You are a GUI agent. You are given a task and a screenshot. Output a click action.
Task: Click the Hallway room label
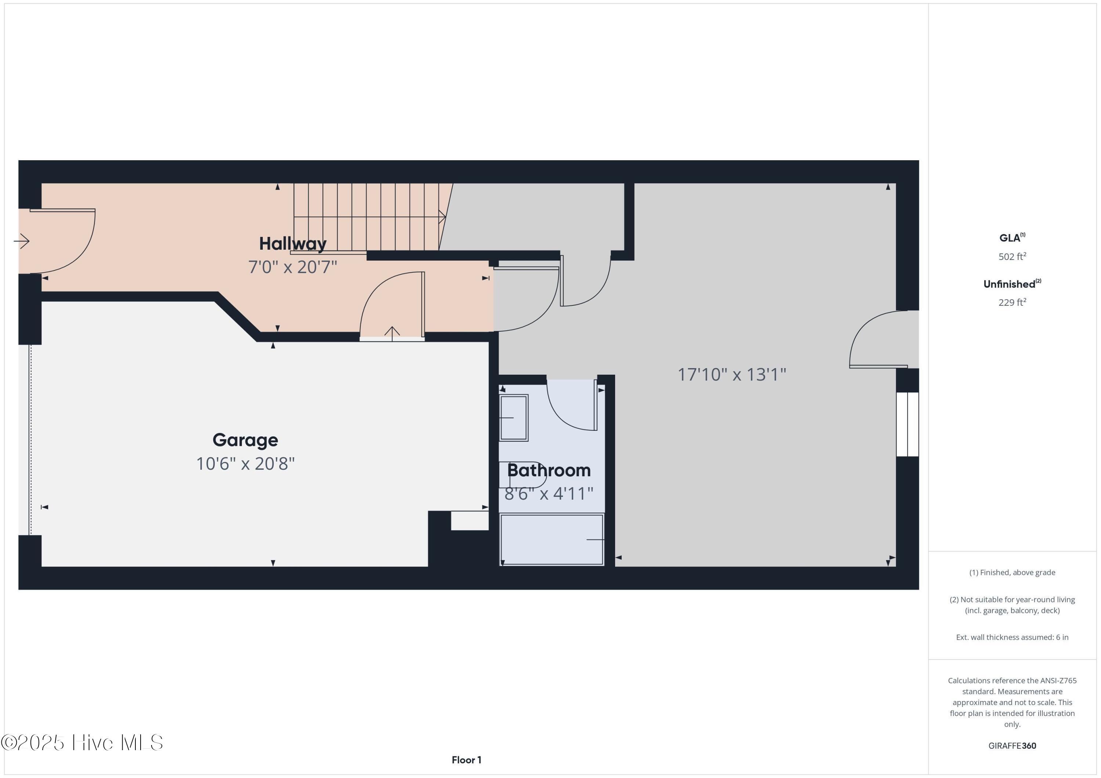(x=292, y=244)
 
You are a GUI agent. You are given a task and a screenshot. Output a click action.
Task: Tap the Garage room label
(x=245, y=440)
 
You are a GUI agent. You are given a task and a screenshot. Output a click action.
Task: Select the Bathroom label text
(x=549, y=470)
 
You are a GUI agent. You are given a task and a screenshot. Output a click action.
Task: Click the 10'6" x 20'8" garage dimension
(x=245, y=464)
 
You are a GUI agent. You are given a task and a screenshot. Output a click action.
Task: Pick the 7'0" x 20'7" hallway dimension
(x=292, y=267)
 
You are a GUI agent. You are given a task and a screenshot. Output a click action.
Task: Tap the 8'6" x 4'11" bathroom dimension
(x=549, y=493)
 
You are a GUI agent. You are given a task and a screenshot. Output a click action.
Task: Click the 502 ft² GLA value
(x=1012, y=257)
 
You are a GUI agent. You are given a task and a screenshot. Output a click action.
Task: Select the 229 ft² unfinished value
(x=1012, y=302)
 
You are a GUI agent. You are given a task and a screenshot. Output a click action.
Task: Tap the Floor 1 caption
(x=466, y=760)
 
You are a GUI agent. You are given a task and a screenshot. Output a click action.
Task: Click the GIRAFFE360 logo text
(x=1012, y=746)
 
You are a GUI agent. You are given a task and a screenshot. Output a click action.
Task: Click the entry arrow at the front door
(x=22, y=241)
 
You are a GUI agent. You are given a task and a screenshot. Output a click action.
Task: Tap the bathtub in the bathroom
(x=552, y=539)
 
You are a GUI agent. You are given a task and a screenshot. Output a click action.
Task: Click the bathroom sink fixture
(x=513, y=418)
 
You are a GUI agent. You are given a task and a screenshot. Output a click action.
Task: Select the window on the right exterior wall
(x=907, y=425)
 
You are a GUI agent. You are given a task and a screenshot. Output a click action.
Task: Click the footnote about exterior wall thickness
(x=1012, y=638)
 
